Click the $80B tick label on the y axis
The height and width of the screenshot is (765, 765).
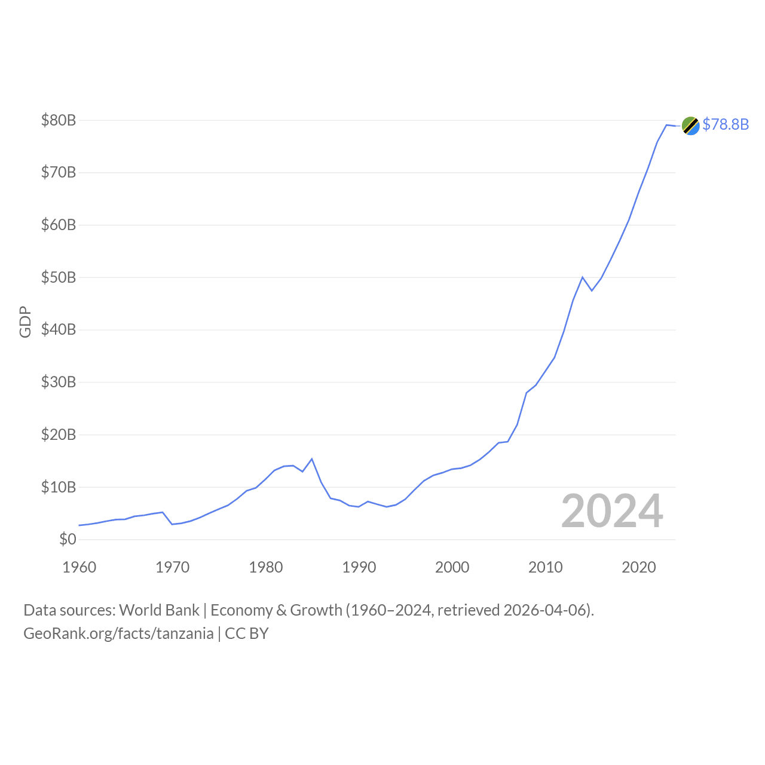(x=59, y=121)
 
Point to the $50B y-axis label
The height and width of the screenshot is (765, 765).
(x=59, y=278)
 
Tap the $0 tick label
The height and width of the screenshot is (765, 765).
(x=68, y=540)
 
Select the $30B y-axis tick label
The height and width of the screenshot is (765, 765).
(x=59, y=382)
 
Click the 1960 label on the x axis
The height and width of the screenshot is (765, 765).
(x=79, y=567)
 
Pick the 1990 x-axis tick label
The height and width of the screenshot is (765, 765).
(x=359, y=567)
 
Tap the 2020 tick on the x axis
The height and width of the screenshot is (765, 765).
(x=639, y=567)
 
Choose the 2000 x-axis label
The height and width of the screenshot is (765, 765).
(x=452, y=567)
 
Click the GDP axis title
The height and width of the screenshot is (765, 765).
(x=25, y=322)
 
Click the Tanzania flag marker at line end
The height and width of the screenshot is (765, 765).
(x=690, y=126)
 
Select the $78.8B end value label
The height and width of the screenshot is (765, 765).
(x=726, y=124)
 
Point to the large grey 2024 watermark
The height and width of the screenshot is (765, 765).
(x=612, y=512)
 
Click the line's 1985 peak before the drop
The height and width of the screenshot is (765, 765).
(x=312, y=459)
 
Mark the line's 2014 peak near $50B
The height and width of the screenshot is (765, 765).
(x=582, y=277)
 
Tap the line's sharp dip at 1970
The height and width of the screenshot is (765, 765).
(x=172, y=524)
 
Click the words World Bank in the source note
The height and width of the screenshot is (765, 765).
(x=159, y=610)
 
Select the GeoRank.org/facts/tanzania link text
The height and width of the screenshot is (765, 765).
(x=118, y=634)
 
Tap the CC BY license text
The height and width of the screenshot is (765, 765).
(x=247, y=634)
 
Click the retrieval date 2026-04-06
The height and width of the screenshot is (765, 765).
(x=546, y=610)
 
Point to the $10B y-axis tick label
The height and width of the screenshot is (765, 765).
(x=59, y=488)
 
